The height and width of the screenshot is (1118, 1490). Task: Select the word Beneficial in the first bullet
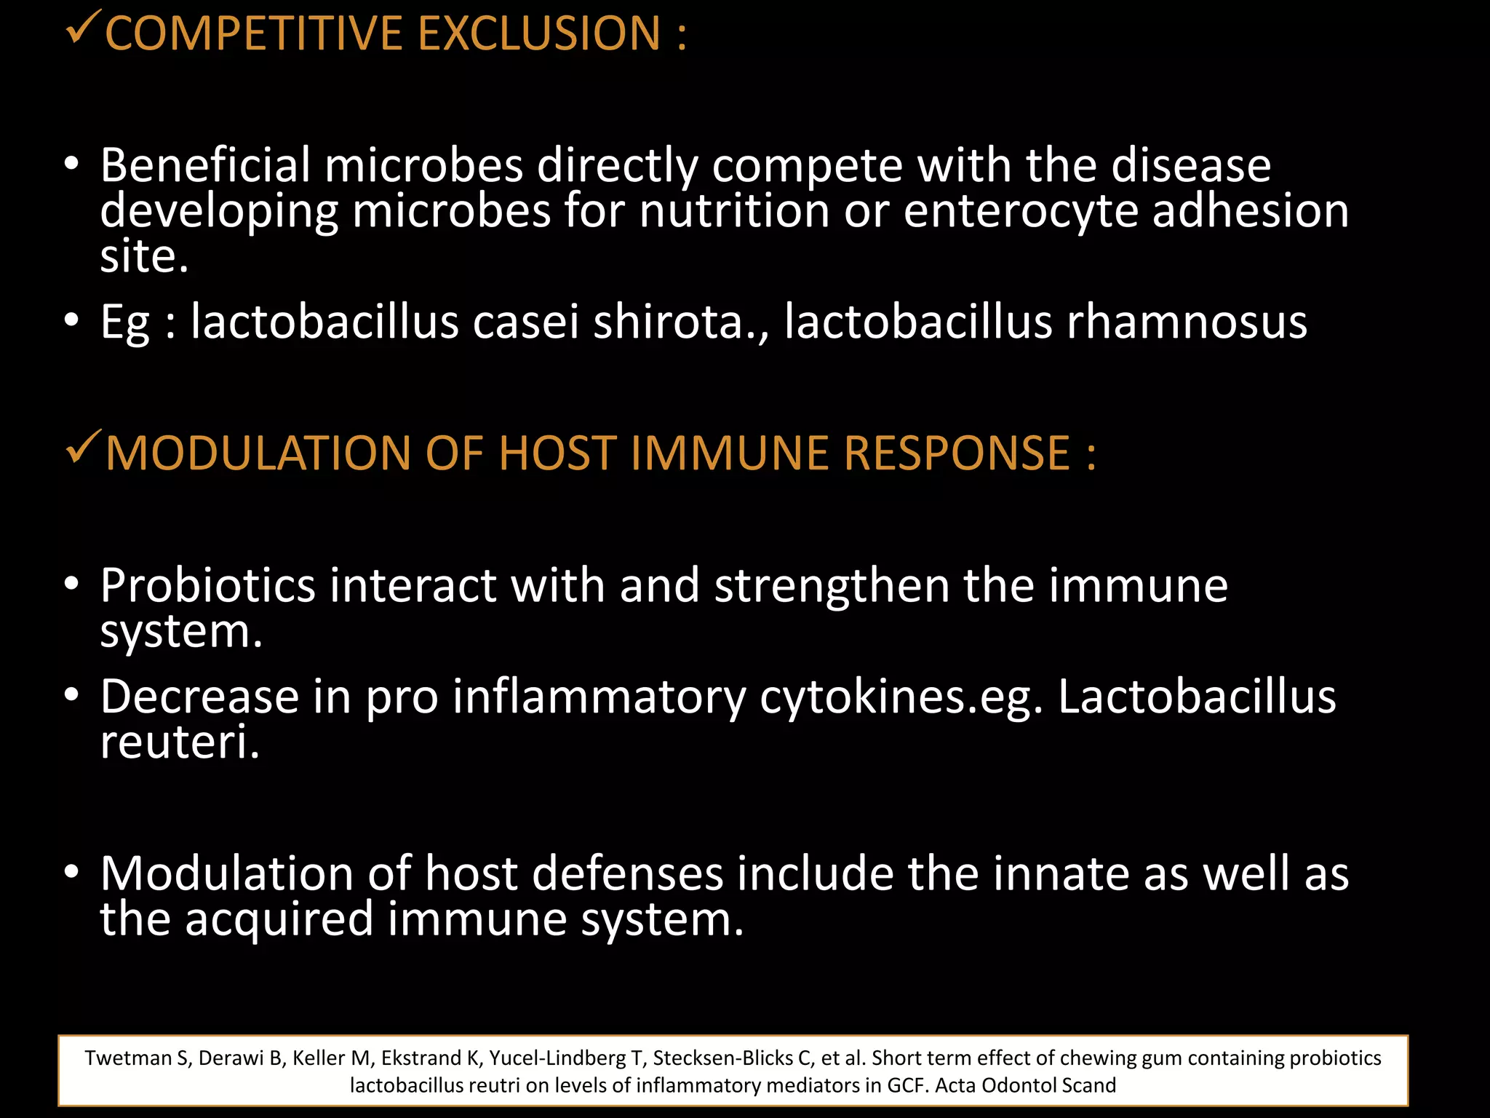coord(205,166)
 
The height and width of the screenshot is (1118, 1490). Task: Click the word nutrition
coord(734,211)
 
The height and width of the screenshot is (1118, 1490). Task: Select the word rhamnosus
coord(1187,322)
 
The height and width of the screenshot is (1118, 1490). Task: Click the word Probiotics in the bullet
coord(207,587)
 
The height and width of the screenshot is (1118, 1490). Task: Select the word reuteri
coord(179,742)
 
